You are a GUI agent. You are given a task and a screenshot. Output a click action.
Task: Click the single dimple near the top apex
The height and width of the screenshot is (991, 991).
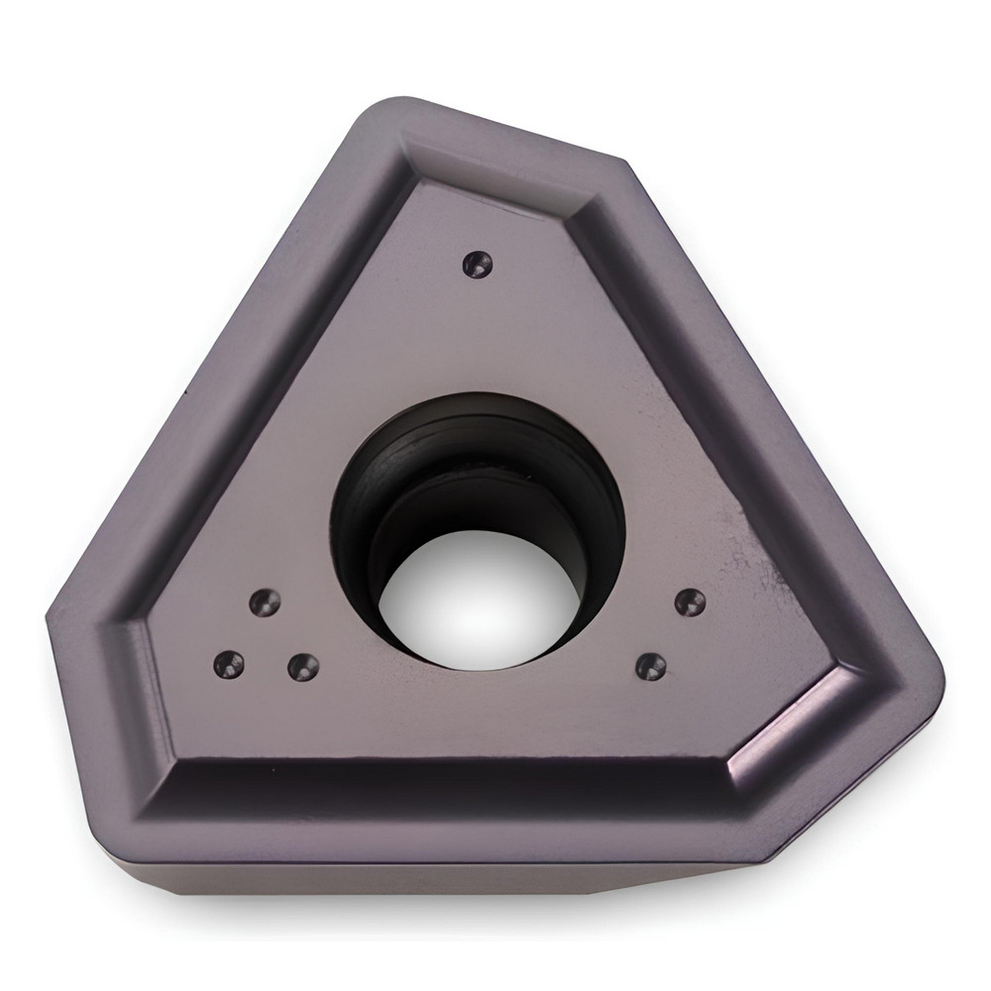tap(478, 263)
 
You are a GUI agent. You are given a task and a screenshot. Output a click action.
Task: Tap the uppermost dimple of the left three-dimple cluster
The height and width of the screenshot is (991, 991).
tap(265, 601)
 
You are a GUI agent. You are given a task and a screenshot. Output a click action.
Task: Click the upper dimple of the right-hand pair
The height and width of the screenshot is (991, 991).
tap(690, 602)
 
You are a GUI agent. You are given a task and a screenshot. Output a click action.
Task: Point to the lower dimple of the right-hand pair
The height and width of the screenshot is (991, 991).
tap(650, 665)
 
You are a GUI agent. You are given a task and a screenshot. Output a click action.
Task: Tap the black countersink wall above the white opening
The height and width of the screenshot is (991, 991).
tap(476, 436)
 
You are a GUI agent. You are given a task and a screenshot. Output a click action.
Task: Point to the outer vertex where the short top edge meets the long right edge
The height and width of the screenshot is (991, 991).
tap(626, 161)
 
